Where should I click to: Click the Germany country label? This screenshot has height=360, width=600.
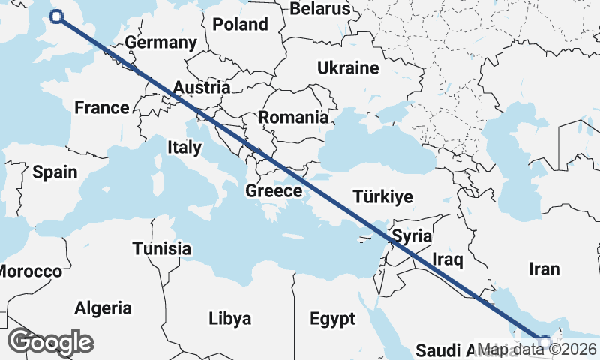click(x=160, y=43)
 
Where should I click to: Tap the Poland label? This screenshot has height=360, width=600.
click(x=240, y=24)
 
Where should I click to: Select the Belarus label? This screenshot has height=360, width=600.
click(x=320, y=9)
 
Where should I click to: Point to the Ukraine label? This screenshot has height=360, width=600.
click(x=348, y=67)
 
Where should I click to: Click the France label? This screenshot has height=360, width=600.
click(x=102, y=107)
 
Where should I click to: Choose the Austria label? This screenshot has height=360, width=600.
click(x=201, y=88)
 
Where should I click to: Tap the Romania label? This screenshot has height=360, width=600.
click(x=293, y=117)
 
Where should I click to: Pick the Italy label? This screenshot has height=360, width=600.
click(x=184, y=147)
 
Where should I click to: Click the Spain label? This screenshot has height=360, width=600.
click(x=55, y=172)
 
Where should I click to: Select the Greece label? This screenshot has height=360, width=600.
click(x=274, y=191)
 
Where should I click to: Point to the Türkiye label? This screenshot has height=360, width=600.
click(x=382, y=197)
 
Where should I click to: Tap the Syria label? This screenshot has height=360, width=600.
click(x=412, y=235)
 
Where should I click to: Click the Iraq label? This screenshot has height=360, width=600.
click(x=448, y=259)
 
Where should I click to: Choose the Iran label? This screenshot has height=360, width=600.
click(x=544, y=268)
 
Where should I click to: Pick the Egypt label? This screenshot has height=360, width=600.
click(x=332, y=319)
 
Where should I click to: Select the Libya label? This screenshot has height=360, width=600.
click(x=229, y=319)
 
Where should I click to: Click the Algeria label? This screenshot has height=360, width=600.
click(x=103, y=307)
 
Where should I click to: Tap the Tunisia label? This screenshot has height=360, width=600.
click(x=161, y=247)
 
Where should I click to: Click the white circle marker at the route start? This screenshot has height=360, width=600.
click(x=56, y=16)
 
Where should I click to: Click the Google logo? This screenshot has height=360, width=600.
click(x=50, y=341)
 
